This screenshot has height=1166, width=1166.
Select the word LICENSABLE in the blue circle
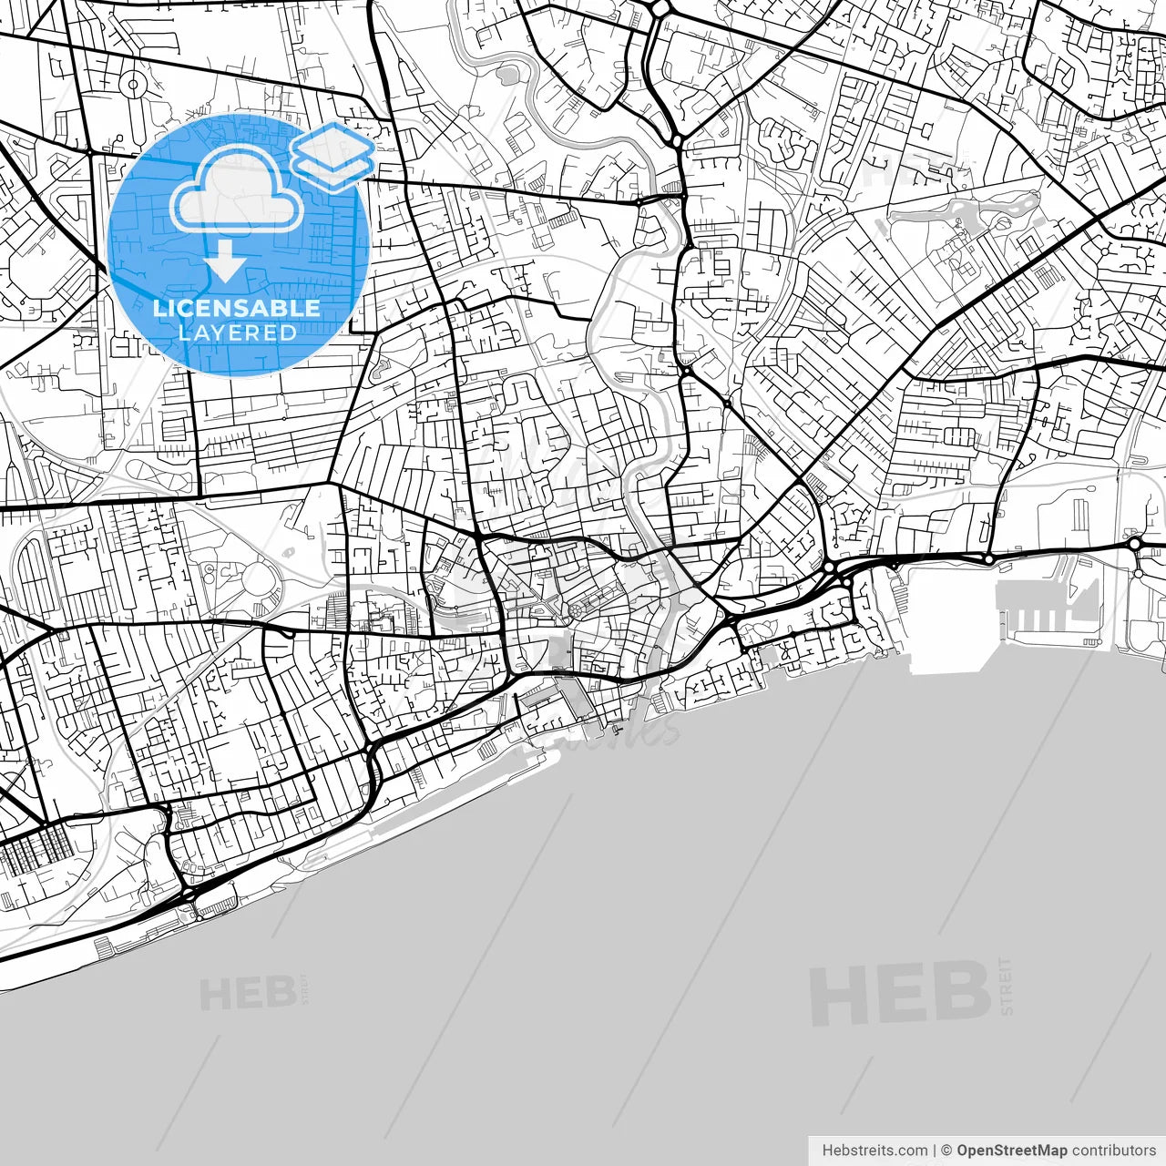click(x=236, y=308)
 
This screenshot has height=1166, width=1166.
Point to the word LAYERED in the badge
click(x=237, y=332)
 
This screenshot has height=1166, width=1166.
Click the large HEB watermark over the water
click(x=900, y=993)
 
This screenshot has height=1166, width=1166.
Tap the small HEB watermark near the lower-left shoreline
click(x=248, y=994)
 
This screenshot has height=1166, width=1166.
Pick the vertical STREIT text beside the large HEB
click(x=1006, y=987)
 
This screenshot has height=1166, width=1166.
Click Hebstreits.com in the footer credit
click(x=874, y=1151)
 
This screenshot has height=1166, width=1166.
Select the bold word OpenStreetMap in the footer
click(x=1011, y=1151)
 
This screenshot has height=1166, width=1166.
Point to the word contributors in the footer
click(x=1113, y=1151)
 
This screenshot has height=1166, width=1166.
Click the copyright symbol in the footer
click(x=946, y=1151)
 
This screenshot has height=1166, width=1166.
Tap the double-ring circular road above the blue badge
click(x=134, y=85)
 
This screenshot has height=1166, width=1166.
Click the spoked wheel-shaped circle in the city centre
click(x=577, y=609)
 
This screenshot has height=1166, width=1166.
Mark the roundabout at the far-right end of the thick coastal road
click(x=1135, y=544)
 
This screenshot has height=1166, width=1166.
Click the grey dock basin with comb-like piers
click(x=1048, y=606)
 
